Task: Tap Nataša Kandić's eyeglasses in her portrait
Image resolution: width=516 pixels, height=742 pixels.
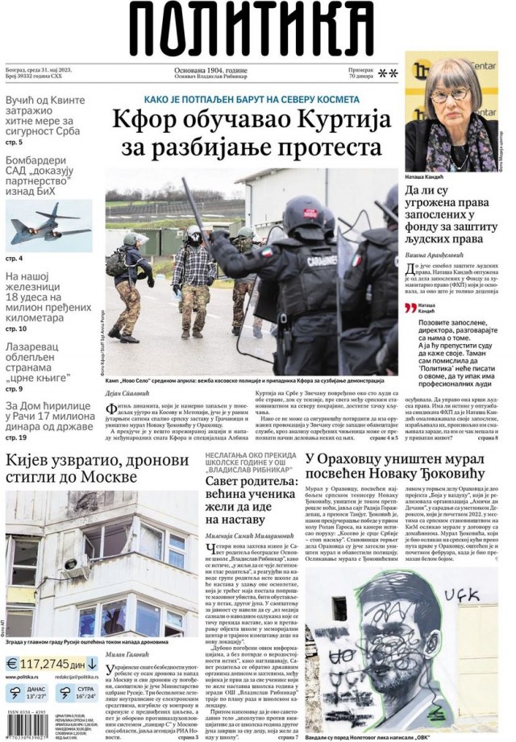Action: (x=449, y=95)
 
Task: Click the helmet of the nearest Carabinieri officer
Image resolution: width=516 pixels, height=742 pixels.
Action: (x=304, y=211)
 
